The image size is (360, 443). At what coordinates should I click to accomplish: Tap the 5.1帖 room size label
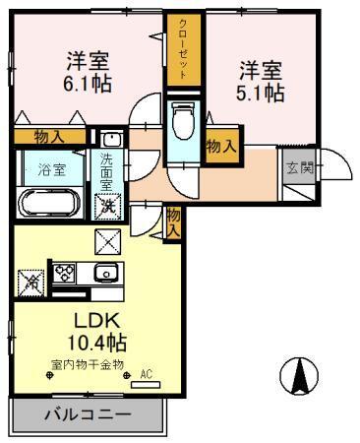point(261,93)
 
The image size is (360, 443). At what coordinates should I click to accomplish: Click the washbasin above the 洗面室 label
point(110,138)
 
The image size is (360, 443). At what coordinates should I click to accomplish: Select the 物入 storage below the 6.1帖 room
point(52,138)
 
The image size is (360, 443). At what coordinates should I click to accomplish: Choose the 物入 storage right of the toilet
point(221,146)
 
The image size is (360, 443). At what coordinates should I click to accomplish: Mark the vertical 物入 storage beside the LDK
point(174,221)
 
